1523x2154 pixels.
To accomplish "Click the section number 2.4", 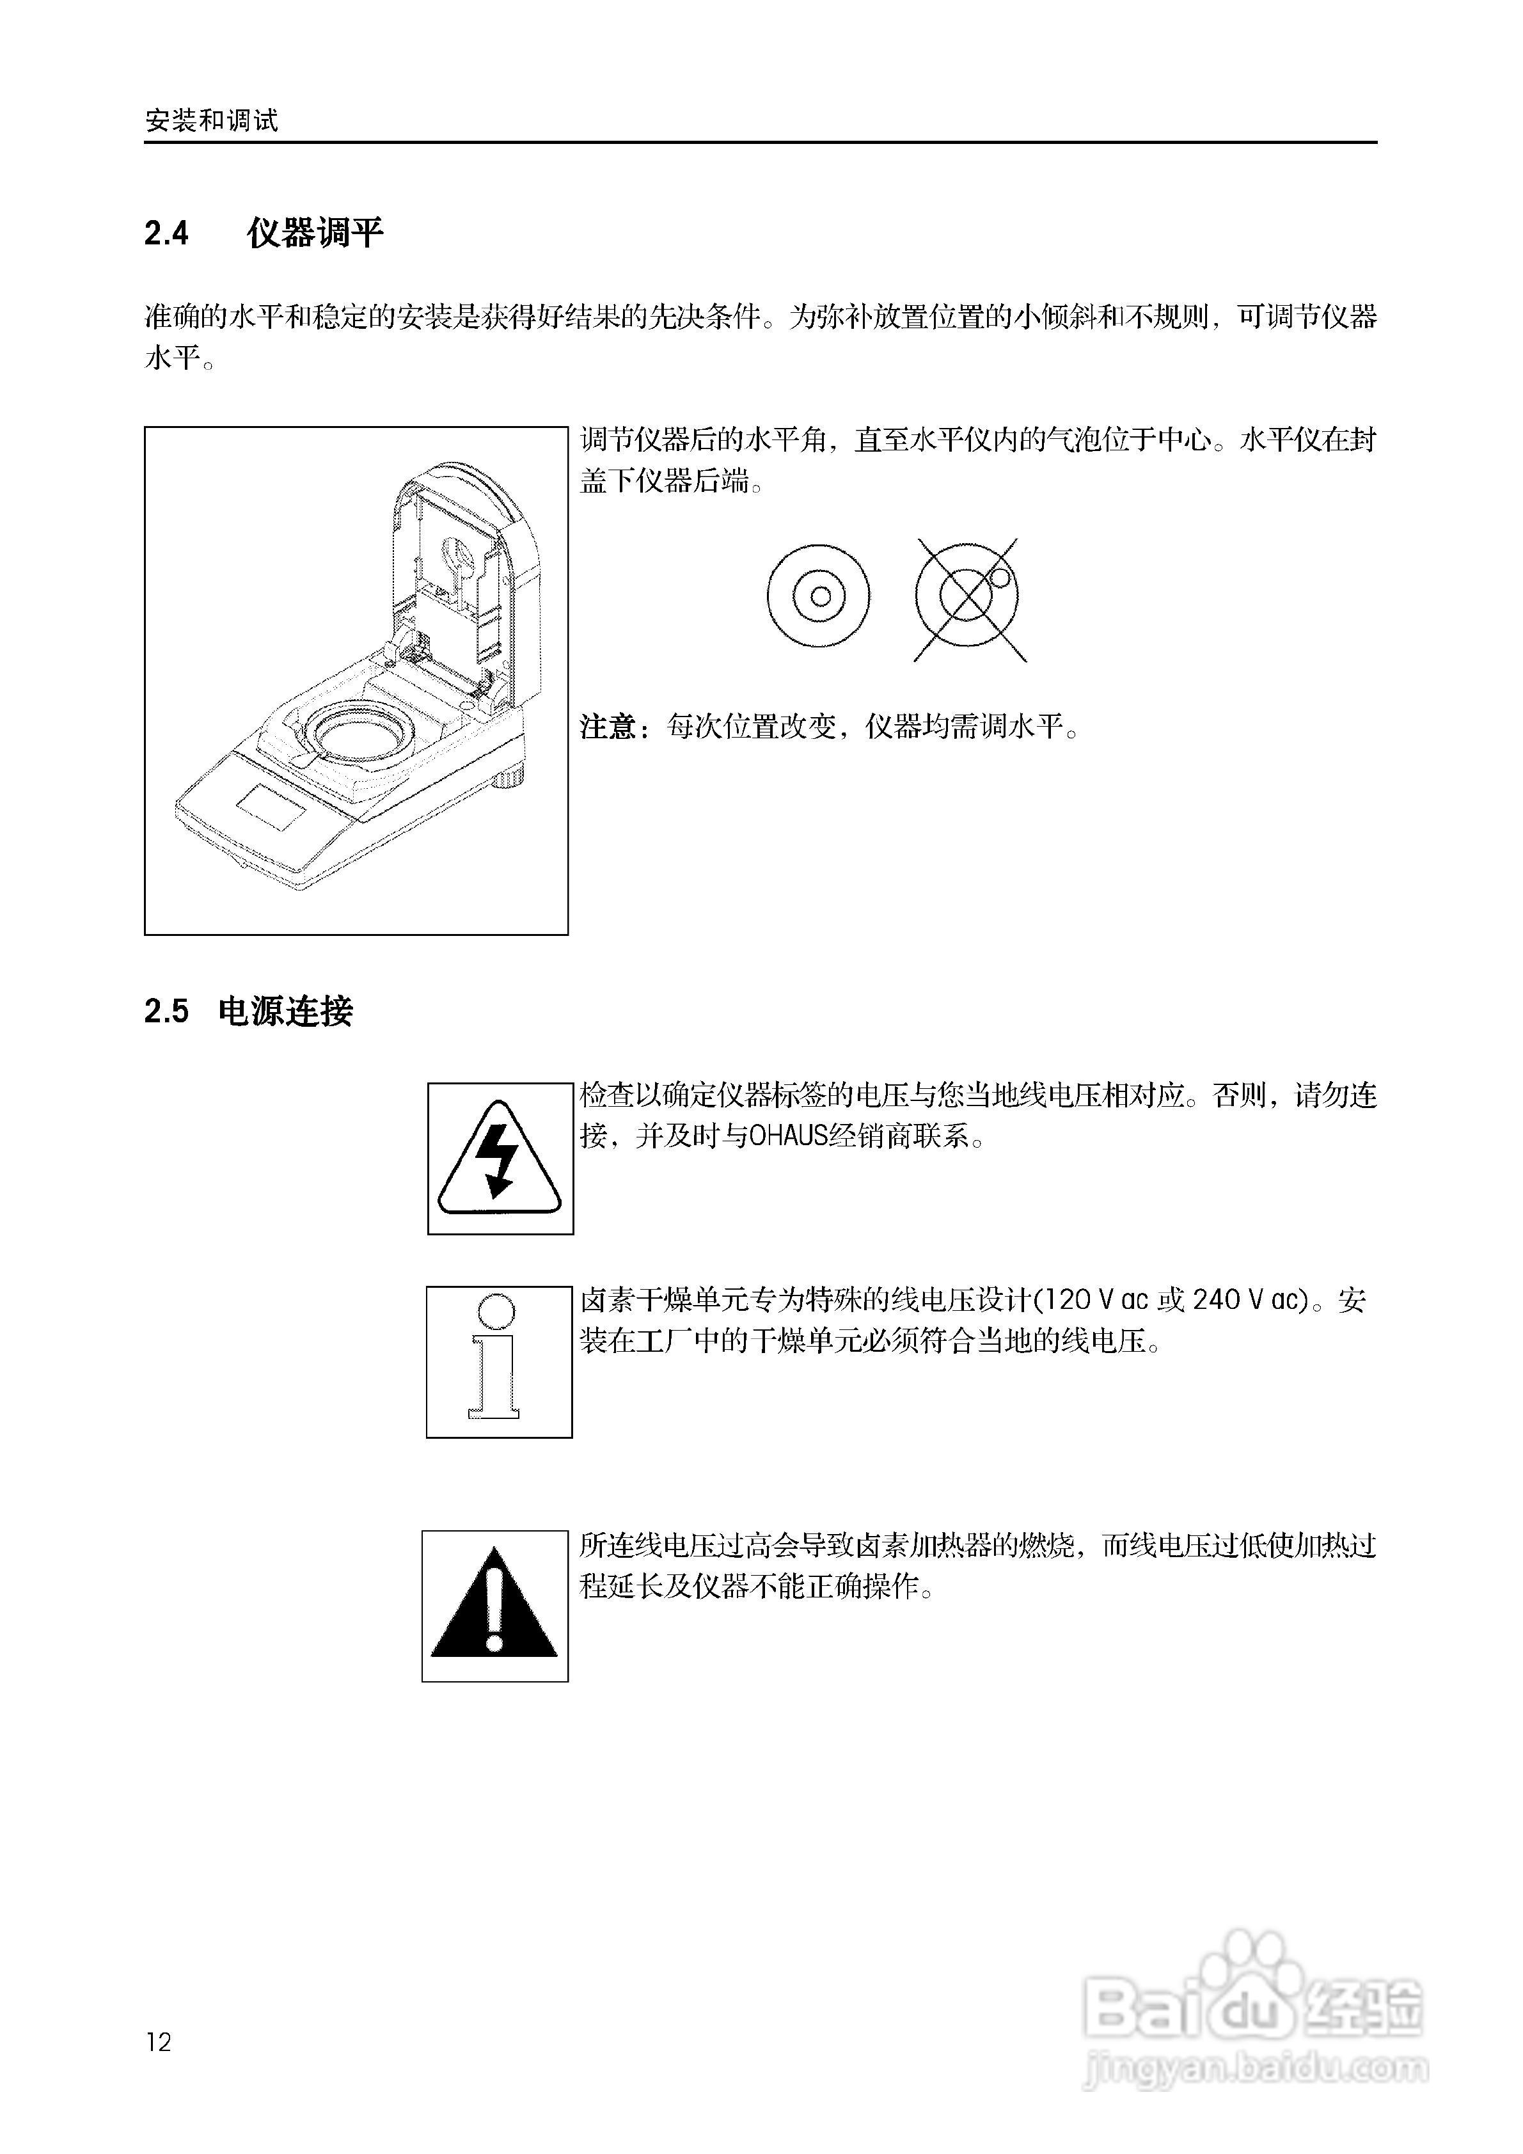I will [x=166, y=233].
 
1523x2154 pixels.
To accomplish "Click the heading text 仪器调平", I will [x=315, y=233].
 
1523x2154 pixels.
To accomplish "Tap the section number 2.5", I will [x=166, y=1011].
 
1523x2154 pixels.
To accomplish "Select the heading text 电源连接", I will [x=285, y=1011].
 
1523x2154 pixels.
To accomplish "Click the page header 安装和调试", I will [x=212, y=121].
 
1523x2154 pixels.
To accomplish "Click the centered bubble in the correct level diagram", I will [x=819, y=596].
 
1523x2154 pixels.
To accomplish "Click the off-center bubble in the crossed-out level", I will [x=1000, y=578].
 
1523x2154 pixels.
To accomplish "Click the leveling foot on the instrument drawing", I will [x=513, y=775].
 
